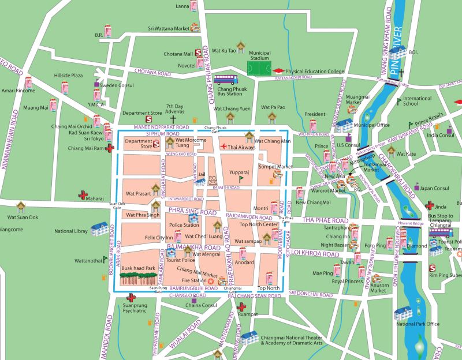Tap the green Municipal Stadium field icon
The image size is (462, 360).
[260, 67]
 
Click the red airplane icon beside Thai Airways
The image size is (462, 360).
[223, 147]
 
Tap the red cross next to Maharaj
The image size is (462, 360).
[84, 196]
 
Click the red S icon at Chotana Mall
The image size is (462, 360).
[198, 52]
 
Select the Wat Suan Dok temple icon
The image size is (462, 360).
[21, 206]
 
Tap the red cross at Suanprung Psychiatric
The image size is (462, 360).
[131, 297]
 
